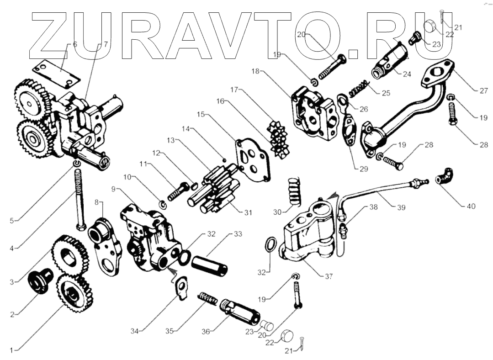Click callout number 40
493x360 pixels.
(470, 206)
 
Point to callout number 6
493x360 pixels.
(75, 44)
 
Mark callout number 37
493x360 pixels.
(329, 276)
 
